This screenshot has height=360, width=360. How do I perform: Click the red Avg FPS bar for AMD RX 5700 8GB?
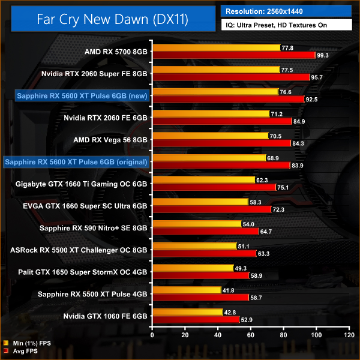(x=234, y=55)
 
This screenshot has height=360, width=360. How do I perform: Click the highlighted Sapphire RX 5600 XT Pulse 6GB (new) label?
(x=75, y=95)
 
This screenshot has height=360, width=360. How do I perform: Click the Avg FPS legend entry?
(x=25, y=352)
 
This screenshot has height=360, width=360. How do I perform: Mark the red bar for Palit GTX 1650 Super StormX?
(x=201, y=275)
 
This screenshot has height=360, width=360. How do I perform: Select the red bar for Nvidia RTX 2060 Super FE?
(x=231, y=77)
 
